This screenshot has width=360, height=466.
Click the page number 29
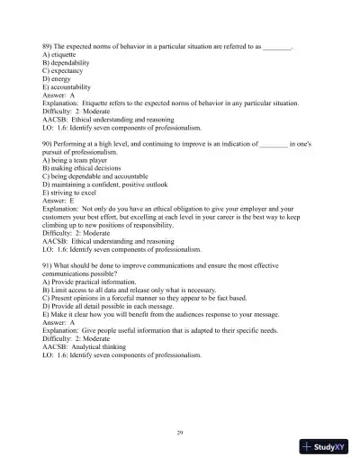coord(180,433)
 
